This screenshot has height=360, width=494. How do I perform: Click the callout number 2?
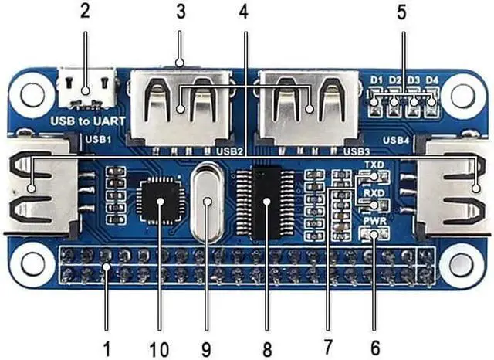tap(84, 11)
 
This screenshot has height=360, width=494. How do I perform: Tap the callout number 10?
tap(160, 349)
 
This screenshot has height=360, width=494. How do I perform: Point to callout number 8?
tap(266, 349)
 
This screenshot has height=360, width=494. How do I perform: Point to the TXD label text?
tap(374, 166)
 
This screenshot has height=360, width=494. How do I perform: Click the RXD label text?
tap(374, 194)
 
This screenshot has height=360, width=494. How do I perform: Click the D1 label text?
tap(377, 80)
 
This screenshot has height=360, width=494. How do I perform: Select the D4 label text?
tap(433, 80)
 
